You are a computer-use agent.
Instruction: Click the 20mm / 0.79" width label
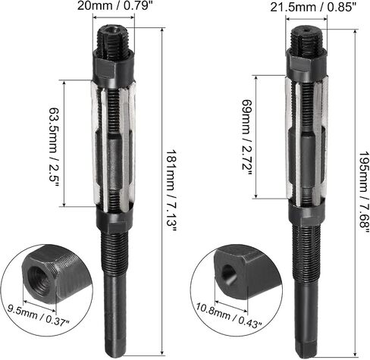(x=116, y=5)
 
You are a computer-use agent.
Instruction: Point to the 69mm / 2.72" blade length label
(x=246, y=138)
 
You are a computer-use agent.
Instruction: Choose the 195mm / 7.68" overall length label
(x=363, y=193)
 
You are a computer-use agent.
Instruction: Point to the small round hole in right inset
(x=229, y=274)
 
